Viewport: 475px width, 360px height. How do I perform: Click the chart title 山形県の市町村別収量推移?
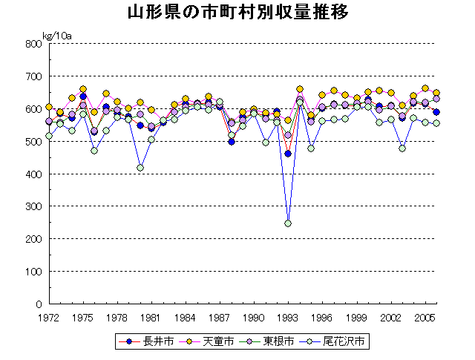237,13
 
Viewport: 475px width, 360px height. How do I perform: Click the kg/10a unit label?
57,34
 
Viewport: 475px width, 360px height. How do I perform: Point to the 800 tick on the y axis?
33,44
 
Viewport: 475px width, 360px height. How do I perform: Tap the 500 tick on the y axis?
33,142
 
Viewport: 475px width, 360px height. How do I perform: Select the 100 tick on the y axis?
33,272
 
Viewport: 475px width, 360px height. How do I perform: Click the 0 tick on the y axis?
38,304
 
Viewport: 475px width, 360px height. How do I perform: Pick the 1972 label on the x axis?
49,317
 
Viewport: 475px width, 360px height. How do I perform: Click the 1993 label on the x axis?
287,317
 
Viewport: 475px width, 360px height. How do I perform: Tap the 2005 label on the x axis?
424,317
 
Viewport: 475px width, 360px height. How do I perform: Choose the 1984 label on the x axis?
186,317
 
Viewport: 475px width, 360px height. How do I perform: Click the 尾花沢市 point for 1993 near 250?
288,223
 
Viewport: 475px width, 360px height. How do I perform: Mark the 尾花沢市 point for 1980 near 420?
140,168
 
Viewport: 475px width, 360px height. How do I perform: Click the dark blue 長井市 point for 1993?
288,154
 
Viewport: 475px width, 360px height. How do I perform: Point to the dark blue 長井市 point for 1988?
231,141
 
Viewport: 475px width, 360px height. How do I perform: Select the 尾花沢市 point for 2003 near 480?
402,148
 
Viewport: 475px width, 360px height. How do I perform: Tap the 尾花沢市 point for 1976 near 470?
94,151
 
